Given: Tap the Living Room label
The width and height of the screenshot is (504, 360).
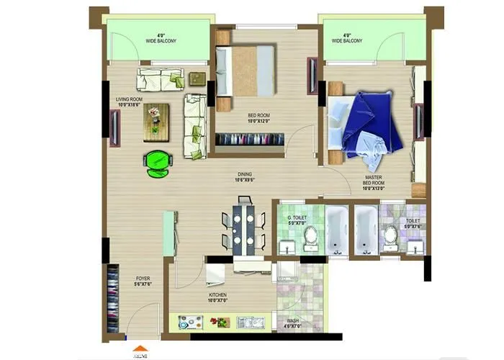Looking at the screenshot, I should point(130,102).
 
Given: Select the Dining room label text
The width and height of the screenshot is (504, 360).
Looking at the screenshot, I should point(245,177).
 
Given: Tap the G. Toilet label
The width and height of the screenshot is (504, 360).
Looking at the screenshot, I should point(297,219).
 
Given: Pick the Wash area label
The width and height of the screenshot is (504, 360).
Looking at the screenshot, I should point(292,324).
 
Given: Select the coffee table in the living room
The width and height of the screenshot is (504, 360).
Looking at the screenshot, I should point(156,122).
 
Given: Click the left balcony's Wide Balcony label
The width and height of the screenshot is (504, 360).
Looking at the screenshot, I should point(163,38).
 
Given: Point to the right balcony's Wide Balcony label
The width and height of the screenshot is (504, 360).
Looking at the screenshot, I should point(346,38).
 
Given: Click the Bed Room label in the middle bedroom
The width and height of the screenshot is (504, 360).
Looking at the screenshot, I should point(259,117).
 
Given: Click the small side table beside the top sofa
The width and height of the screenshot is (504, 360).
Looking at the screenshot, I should point(197,78).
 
